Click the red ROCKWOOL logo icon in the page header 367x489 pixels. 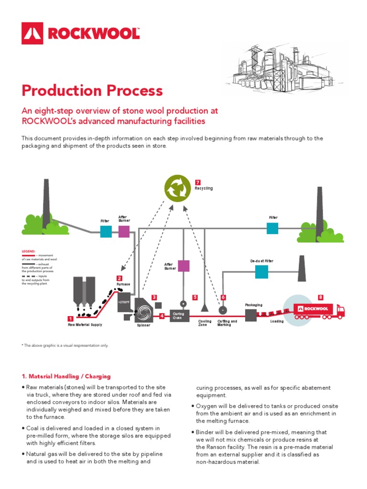click(32, 33)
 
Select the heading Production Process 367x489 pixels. click(92, 90)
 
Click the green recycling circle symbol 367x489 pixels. click(177, 188)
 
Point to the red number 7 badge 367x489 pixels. click(198, 182)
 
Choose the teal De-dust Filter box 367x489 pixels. click(261, 272)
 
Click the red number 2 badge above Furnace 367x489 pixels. click(119, 278)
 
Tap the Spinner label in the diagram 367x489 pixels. click(143, 325)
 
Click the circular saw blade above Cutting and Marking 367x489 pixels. click(221, 310)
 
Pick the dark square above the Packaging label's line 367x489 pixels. click(251, 315)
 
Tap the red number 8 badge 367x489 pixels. click(320, 298)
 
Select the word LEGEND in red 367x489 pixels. click(29, 251)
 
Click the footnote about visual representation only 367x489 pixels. click(65, 345)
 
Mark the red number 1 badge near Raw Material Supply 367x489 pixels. click(70, 319)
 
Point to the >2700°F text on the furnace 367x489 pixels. click(124, 302)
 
